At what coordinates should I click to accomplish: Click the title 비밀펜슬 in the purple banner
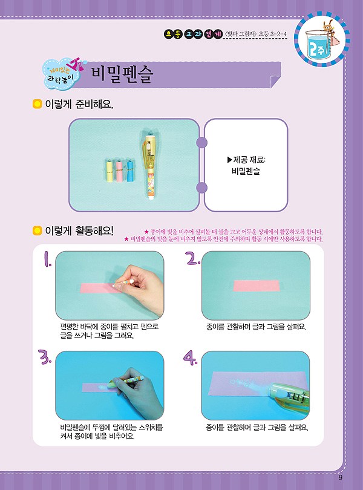click(x=122, y=74)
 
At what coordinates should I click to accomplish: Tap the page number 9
click(x=341, y=477)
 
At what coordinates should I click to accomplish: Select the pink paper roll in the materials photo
click(x=119, y=171)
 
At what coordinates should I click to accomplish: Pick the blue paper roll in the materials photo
click(x=129, y=171)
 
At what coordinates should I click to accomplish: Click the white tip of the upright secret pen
click(x=151, y=197)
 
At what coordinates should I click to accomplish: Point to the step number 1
click(x=47, y=259)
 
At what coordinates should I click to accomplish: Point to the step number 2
click(x=192, y=258)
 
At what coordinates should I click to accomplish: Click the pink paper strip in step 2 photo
click(x=257, y=286)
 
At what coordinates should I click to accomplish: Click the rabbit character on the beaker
click(x=329, y=25)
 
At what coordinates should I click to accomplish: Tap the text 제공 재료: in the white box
click(x=246, y=160)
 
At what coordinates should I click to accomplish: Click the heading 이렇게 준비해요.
click(x=79, y=104)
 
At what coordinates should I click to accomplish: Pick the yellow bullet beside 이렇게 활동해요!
click(x=37, y=231)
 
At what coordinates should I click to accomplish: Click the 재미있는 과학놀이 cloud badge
click(x=62, y=74)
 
